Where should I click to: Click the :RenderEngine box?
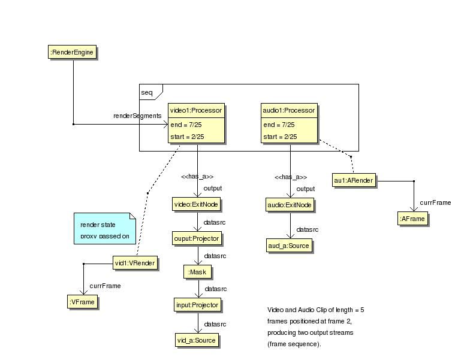(73, 53)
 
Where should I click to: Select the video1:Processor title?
(196, 110)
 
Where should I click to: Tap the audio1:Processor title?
(289, 110)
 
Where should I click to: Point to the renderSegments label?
(137, 115)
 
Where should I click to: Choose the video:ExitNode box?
(197, 205)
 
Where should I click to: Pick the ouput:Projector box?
(197, 238)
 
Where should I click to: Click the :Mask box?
(197, 272)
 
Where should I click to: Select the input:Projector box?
(197, 305)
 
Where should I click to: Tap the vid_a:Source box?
(197, 340)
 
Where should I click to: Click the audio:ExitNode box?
(290, 205)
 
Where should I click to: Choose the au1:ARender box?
(354, 180)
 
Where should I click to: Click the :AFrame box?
(412, 219)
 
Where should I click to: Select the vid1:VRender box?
(135, 263)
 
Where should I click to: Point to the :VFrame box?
(82, 302)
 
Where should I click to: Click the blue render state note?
(104, 228)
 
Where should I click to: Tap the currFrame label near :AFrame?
(435, 202)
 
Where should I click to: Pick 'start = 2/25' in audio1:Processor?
(280, 137)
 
